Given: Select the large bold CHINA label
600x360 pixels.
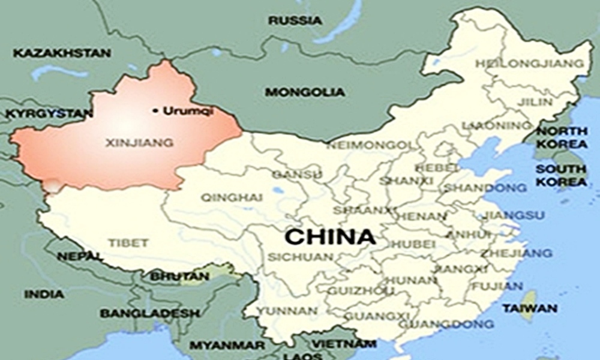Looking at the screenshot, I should (x=330, y=236).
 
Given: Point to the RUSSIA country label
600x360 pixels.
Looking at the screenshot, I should (x=295, y=21).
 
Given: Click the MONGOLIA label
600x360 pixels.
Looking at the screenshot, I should (x=305, y=92).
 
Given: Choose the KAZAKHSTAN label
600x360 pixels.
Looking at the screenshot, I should (x=62, y=53).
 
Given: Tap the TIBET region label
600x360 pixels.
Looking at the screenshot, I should (x=128, y=243).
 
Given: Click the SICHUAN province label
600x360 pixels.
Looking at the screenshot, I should (x=300, y=257).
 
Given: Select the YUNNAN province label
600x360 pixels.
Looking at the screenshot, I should (x=288, y=311).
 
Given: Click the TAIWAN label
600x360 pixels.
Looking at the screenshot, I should (x=530, y=308).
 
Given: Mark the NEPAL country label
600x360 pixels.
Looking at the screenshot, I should (x=80, y=256).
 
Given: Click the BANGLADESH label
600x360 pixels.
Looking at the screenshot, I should (x=149, y=313).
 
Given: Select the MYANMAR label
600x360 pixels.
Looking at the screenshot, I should (x=227, y=346).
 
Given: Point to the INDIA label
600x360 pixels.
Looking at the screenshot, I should (x=44, y=295).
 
